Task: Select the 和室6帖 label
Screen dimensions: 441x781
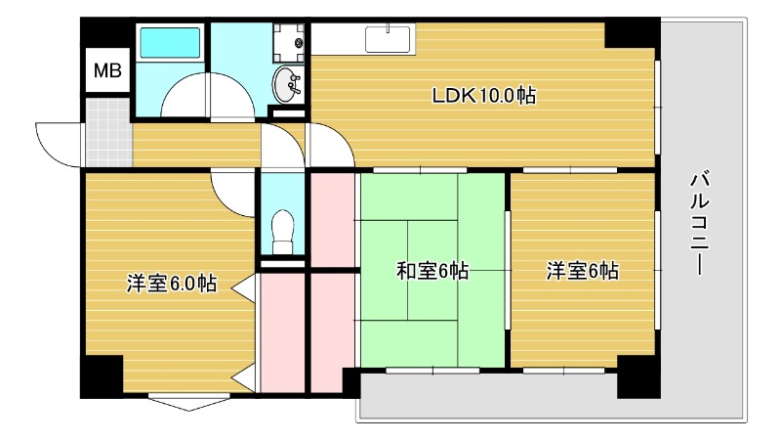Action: coord(432,271)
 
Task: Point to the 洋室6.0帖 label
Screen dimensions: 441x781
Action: coord(171,285)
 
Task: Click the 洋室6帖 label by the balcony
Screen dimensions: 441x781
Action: coord(582,271)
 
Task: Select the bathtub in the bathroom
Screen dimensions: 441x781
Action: coord(170,44)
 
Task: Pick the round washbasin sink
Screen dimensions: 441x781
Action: coord(288,85)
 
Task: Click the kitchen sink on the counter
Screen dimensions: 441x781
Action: coord(390,39)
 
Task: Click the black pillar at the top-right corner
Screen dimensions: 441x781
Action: coord(632,34)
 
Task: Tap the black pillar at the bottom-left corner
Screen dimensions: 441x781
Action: coord(101,376)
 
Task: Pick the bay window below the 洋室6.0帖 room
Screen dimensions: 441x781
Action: coord(189,400)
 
